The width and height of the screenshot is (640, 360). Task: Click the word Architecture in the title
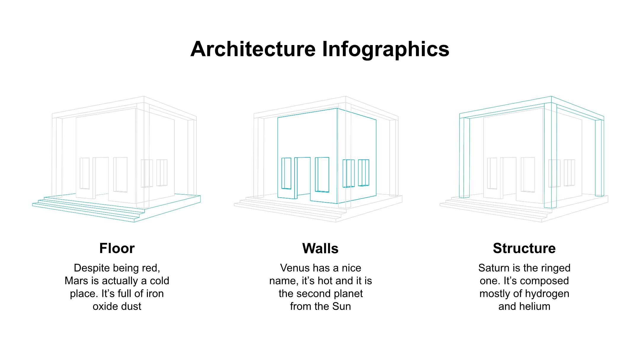click(253, 49)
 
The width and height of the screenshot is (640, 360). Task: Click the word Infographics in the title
click(385, 49)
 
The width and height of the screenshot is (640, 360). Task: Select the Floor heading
click(117, 248)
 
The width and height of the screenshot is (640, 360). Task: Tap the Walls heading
click(320, 248)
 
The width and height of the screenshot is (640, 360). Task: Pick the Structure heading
click(524, 248)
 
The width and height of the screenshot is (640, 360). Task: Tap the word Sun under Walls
click(342, 306)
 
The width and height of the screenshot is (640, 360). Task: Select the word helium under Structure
click(535, 306)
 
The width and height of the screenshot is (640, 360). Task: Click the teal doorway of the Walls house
click(303, 178)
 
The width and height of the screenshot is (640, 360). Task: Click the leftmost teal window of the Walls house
click(286, 173)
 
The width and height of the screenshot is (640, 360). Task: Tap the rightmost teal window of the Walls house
click(364, 173)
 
